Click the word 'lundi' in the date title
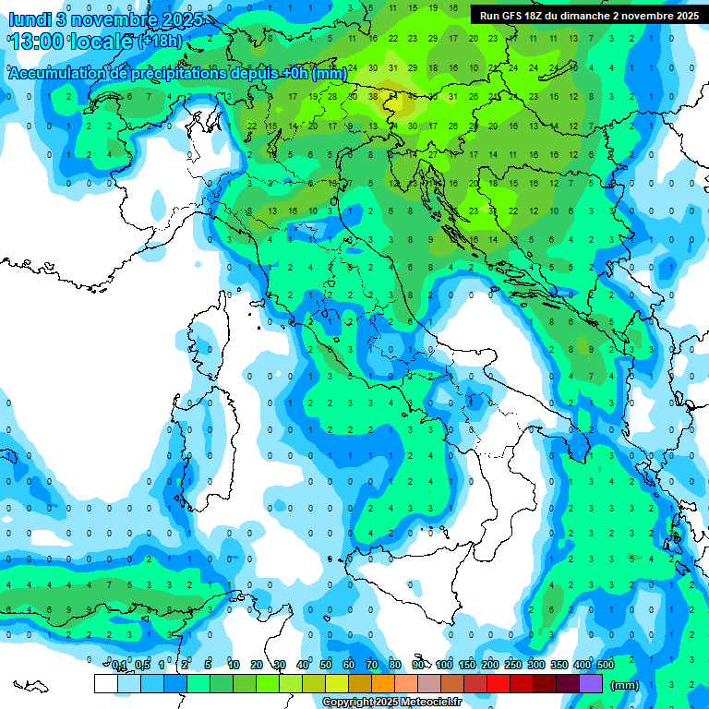click(x=29, y=18)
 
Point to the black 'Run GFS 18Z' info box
click(x=589, y=16)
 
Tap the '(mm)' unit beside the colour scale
click(x=625, y=684)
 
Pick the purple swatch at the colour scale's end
click(x=591, y=683)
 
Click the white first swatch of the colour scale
click(x=106, y=683)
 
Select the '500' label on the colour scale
click(x=606, y=666)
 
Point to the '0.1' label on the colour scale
click(x=119, y=666)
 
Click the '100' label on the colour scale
click(x=444, y=666)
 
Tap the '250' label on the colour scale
click(x=513, y=666)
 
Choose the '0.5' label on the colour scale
click(x=142, y=666)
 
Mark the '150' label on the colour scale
click(x=467, y=666)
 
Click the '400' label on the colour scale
click(x=583, y=666)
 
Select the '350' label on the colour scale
click(x=559, y=666)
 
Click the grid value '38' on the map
click(x=374, y=96)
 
